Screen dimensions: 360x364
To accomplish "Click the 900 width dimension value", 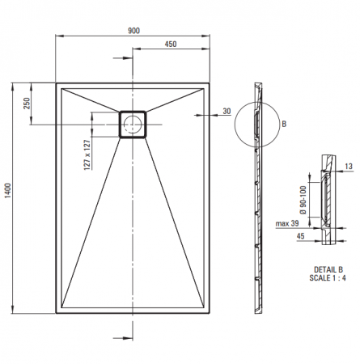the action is click(x=133, y=31).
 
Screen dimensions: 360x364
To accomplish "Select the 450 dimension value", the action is click(x=171, y=44).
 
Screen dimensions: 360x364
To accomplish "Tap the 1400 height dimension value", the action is click(x=7, y=191).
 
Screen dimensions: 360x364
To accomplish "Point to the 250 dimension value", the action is click(x=27, y=104).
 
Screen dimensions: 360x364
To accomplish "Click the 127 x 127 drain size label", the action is click(x=87, y=154).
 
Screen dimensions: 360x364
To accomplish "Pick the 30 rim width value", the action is click(x=227, y=111).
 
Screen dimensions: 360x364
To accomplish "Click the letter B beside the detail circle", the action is click(x=284, y=125).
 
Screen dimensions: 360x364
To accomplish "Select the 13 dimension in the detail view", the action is click(x=349, y=167).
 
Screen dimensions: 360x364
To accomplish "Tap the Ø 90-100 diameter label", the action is click(x=303, y=200).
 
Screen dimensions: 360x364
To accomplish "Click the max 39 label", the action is click(x=287, y=223).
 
